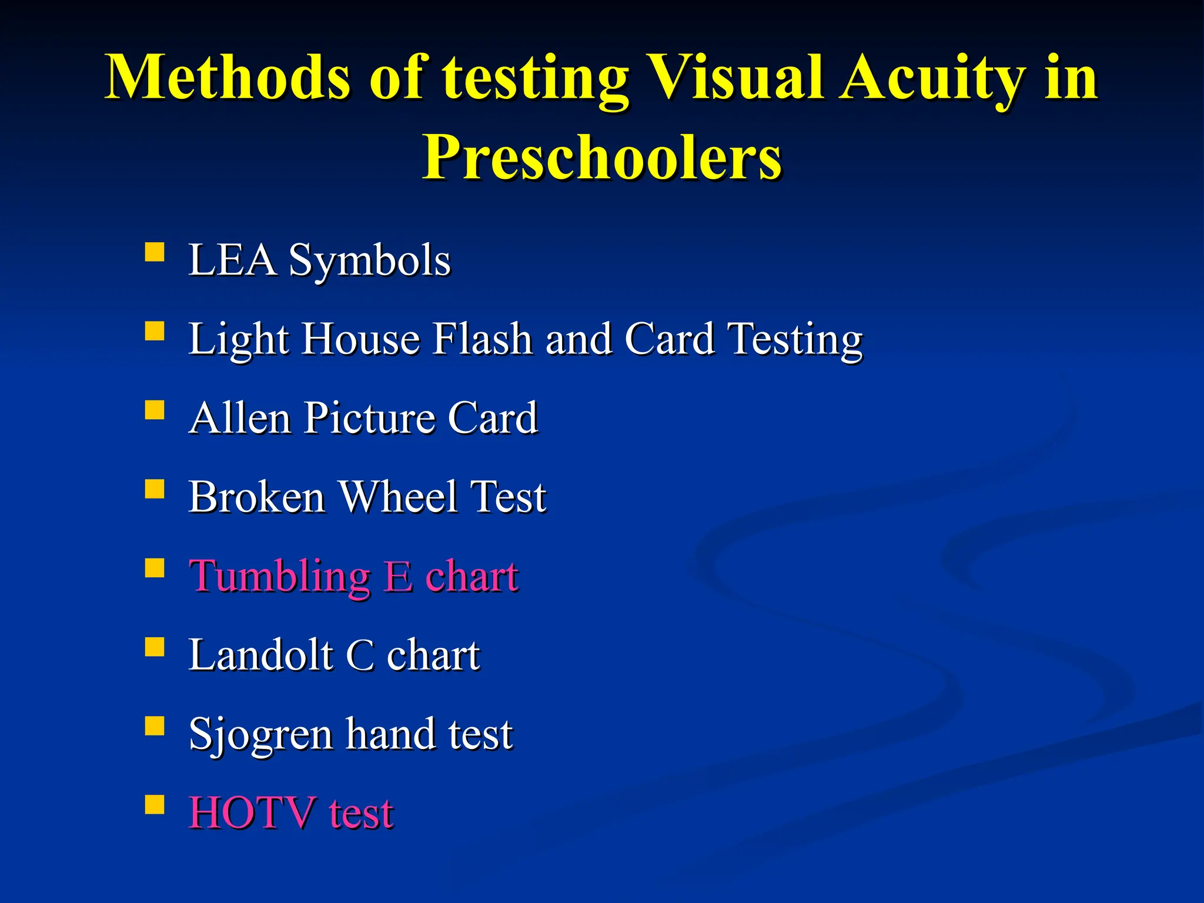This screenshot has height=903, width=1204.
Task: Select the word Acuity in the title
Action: (x=931, y=78)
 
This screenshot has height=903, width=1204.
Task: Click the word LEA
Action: (x=232, y=260)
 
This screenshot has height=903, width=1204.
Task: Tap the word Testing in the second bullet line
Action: (x=795, y=339)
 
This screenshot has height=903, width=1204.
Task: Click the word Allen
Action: (x=240, y=418)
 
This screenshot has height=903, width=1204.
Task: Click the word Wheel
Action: (x=399, y=497)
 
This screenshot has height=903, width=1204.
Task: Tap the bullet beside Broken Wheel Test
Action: (x=154, y=489)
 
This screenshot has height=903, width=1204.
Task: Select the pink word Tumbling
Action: (x=279, y=577)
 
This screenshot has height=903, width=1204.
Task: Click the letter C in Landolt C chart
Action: (x=360, y=655)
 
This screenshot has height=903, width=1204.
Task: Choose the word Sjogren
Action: (x=260, y=735)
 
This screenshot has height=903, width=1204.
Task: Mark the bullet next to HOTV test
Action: (x=154, y=804)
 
